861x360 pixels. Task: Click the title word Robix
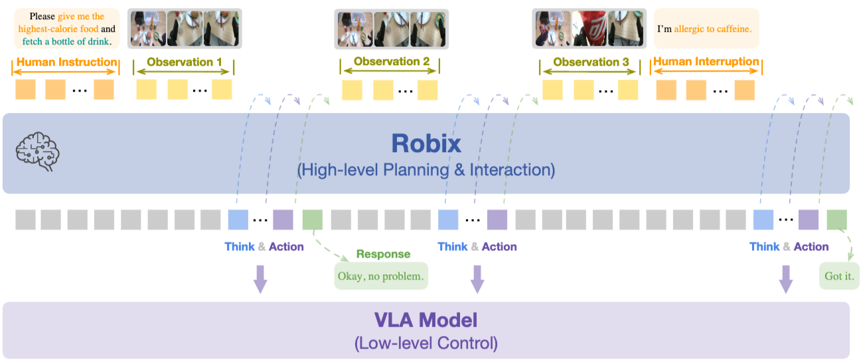426,143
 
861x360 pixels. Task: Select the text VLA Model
426,321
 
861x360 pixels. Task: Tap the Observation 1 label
184,62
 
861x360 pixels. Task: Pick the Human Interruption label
706,62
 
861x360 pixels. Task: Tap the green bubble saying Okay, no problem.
381,276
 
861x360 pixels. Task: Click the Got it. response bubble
839,276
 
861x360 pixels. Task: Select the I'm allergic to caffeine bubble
706,29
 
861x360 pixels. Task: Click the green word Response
383,254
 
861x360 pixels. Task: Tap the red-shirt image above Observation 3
589,29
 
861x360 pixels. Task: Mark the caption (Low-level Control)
426,343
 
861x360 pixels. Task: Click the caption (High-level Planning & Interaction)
426,169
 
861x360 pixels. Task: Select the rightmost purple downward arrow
786,279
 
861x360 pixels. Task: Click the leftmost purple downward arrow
260,279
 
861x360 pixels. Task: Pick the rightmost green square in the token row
837,220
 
